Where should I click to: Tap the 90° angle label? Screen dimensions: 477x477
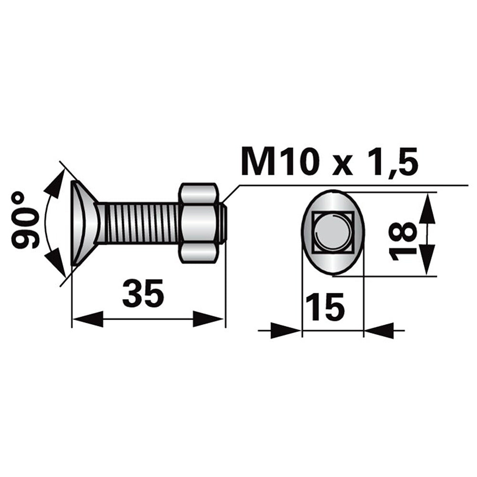26,220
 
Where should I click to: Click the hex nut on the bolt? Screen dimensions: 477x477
199,222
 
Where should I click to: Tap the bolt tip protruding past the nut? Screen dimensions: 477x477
224,223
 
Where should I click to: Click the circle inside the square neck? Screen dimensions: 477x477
332,232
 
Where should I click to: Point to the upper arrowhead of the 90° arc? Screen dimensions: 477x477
55,184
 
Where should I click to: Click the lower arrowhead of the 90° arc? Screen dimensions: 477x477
55,261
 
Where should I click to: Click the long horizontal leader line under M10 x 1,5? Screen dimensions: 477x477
353,185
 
